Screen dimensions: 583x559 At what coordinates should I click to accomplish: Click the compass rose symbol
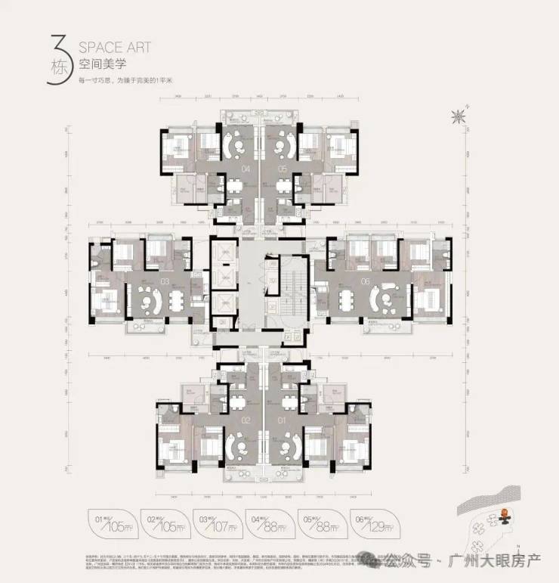point(457,116)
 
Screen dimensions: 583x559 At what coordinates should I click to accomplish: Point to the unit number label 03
point(164,282)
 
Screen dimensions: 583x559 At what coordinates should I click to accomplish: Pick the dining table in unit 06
point(352,301)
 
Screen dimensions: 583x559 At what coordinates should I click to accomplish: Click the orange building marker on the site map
point(502,518)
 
